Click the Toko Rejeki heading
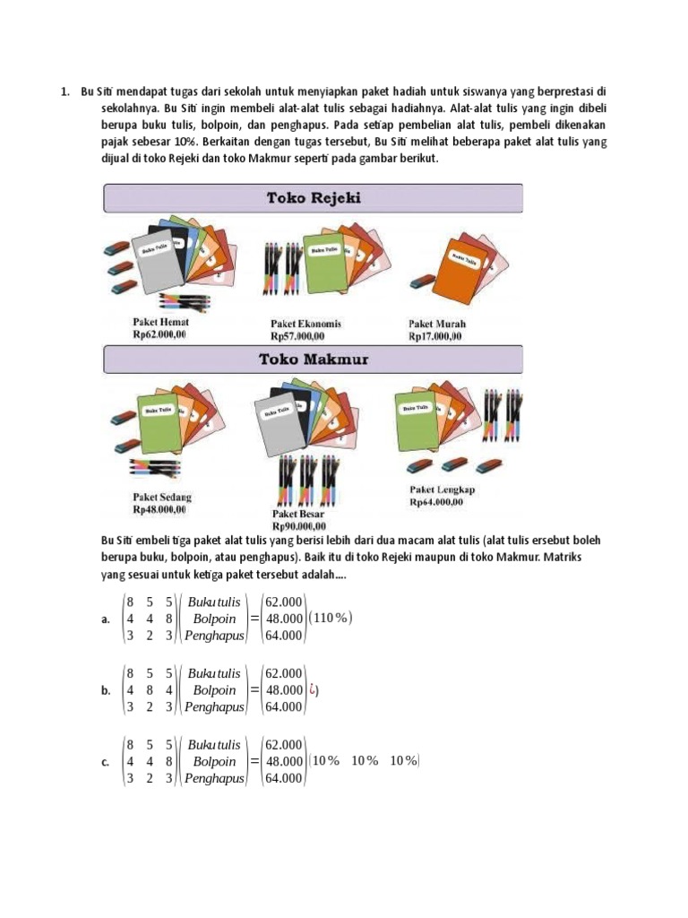point(313,198)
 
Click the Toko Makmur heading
point(313,360)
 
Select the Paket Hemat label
point(160,322)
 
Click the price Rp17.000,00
point(435,336)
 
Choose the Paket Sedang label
point(162,497)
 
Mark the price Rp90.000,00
point(299,526)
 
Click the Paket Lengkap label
point(443,489)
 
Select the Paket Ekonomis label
point(305,324)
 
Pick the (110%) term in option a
point(331,618)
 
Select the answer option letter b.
point(107,690)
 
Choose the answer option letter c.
point(107,762)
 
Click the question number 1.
point(64,91)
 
